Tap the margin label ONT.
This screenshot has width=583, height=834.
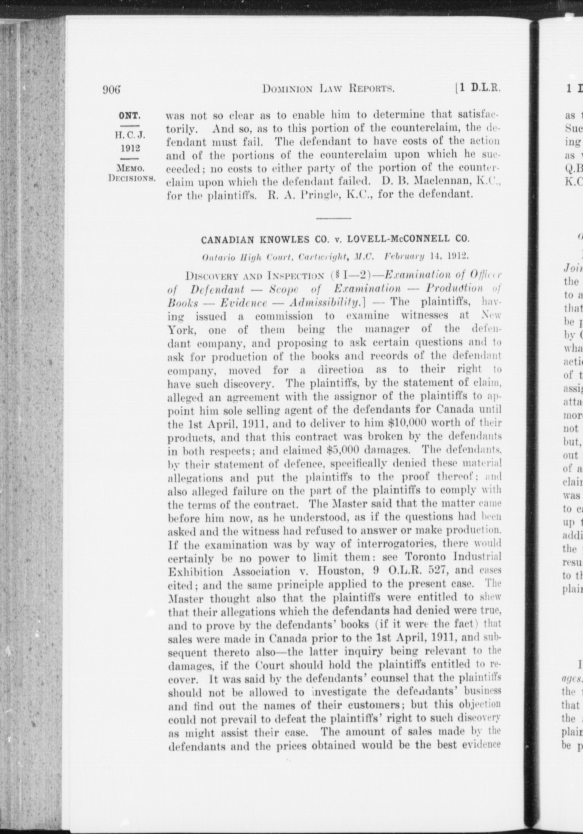tap(130, 116)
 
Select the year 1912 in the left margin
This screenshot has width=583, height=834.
tap(130, 148)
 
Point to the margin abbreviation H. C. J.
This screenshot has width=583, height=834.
tap(130, 136)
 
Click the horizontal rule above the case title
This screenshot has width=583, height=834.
tap(333, 218)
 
